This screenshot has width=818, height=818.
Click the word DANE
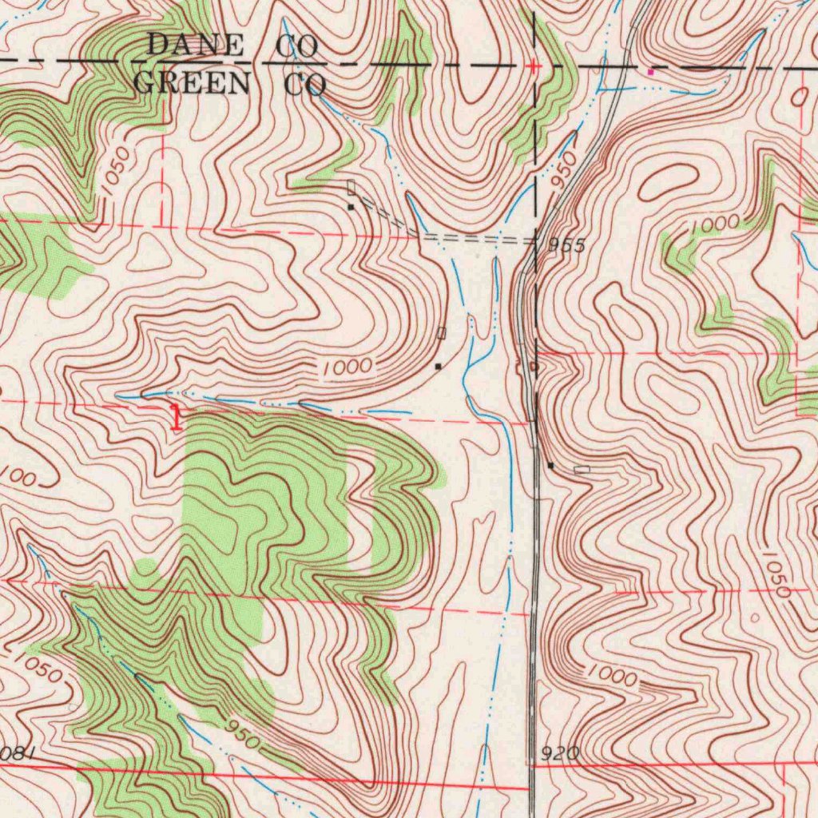195,46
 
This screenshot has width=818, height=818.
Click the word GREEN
192,82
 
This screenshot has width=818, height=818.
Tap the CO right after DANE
297,47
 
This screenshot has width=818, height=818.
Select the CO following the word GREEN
306,84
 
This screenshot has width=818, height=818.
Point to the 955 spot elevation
567,246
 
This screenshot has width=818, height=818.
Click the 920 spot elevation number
559,753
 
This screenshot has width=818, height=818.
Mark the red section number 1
176,417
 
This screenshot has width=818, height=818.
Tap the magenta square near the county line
650,72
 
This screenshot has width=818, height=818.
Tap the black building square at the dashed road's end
350,207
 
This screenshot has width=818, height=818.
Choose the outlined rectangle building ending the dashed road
351,189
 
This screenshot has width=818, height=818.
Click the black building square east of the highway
550,464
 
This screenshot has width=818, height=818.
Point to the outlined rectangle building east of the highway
582,470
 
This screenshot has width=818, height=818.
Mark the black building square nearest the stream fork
438,366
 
